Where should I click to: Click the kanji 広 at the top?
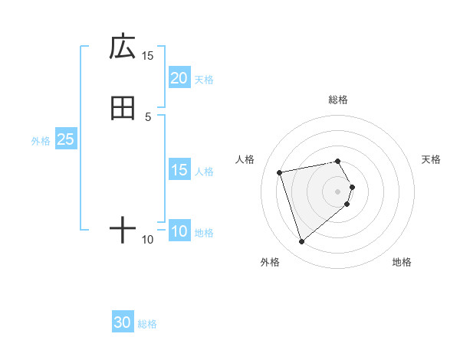coord(123,47)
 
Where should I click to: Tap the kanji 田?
coord(123,108)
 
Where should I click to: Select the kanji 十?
coord(123,230)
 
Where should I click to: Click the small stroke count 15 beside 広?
coord(148,56)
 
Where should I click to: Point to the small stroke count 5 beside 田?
coord(148,116)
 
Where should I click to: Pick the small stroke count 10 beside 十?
coord(148,240)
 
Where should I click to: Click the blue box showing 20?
coord(179,78)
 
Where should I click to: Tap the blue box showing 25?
coord(66,139)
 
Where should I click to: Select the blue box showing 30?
coord(123,323)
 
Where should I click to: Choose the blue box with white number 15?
coord(179,170)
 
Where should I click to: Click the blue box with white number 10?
coord(179,231)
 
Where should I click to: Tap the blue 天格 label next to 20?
coord(204,79)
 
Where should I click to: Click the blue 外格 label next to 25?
coord(41,140)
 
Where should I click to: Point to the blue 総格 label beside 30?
coord(147,324)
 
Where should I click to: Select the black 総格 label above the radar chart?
coord(338,100)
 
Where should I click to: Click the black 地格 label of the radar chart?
coord(402,262)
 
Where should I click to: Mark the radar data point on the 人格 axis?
coord(280,172)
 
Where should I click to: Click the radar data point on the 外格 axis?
coord(301,242)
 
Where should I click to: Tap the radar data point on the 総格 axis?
coord(338,161)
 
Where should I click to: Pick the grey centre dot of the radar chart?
coord(338,191)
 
